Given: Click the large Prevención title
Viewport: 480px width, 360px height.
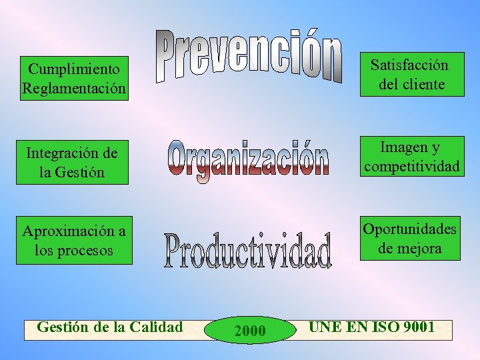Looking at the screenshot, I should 250,57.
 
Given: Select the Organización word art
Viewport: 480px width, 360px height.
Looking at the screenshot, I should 249,161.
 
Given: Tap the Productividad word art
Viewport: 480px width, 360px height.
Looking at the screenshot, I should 248,250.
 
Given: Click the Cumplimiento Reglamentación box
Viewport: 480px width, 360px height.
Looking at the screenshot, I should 74,79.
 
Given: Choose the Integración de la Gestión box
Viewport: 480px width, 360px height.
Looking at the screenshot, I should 72,162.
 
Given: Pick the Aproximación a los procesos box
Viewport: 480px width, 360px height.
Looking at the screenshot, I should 74,241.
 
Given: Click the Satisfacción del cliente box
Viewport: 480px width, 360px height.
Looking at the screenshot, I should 410,75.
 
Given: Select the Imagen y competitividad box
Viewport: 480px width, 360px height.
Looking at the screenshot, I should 411,157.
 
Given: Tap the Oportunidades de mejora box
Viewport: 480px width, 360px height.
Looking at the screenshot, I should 409,238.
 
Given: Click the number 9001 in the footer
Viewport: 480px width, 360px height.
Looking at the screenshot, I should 415,327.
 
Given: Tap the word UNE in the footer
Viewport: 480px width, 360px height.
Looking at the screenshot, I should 322,327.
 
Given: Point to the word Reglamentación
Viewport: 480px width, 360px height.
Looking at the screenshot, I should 74,89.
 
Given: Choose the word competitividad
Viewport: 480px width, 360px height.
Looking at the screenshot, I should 411,166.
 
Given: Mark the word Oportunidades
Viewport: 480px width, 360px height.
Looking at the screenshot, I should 409,229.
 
